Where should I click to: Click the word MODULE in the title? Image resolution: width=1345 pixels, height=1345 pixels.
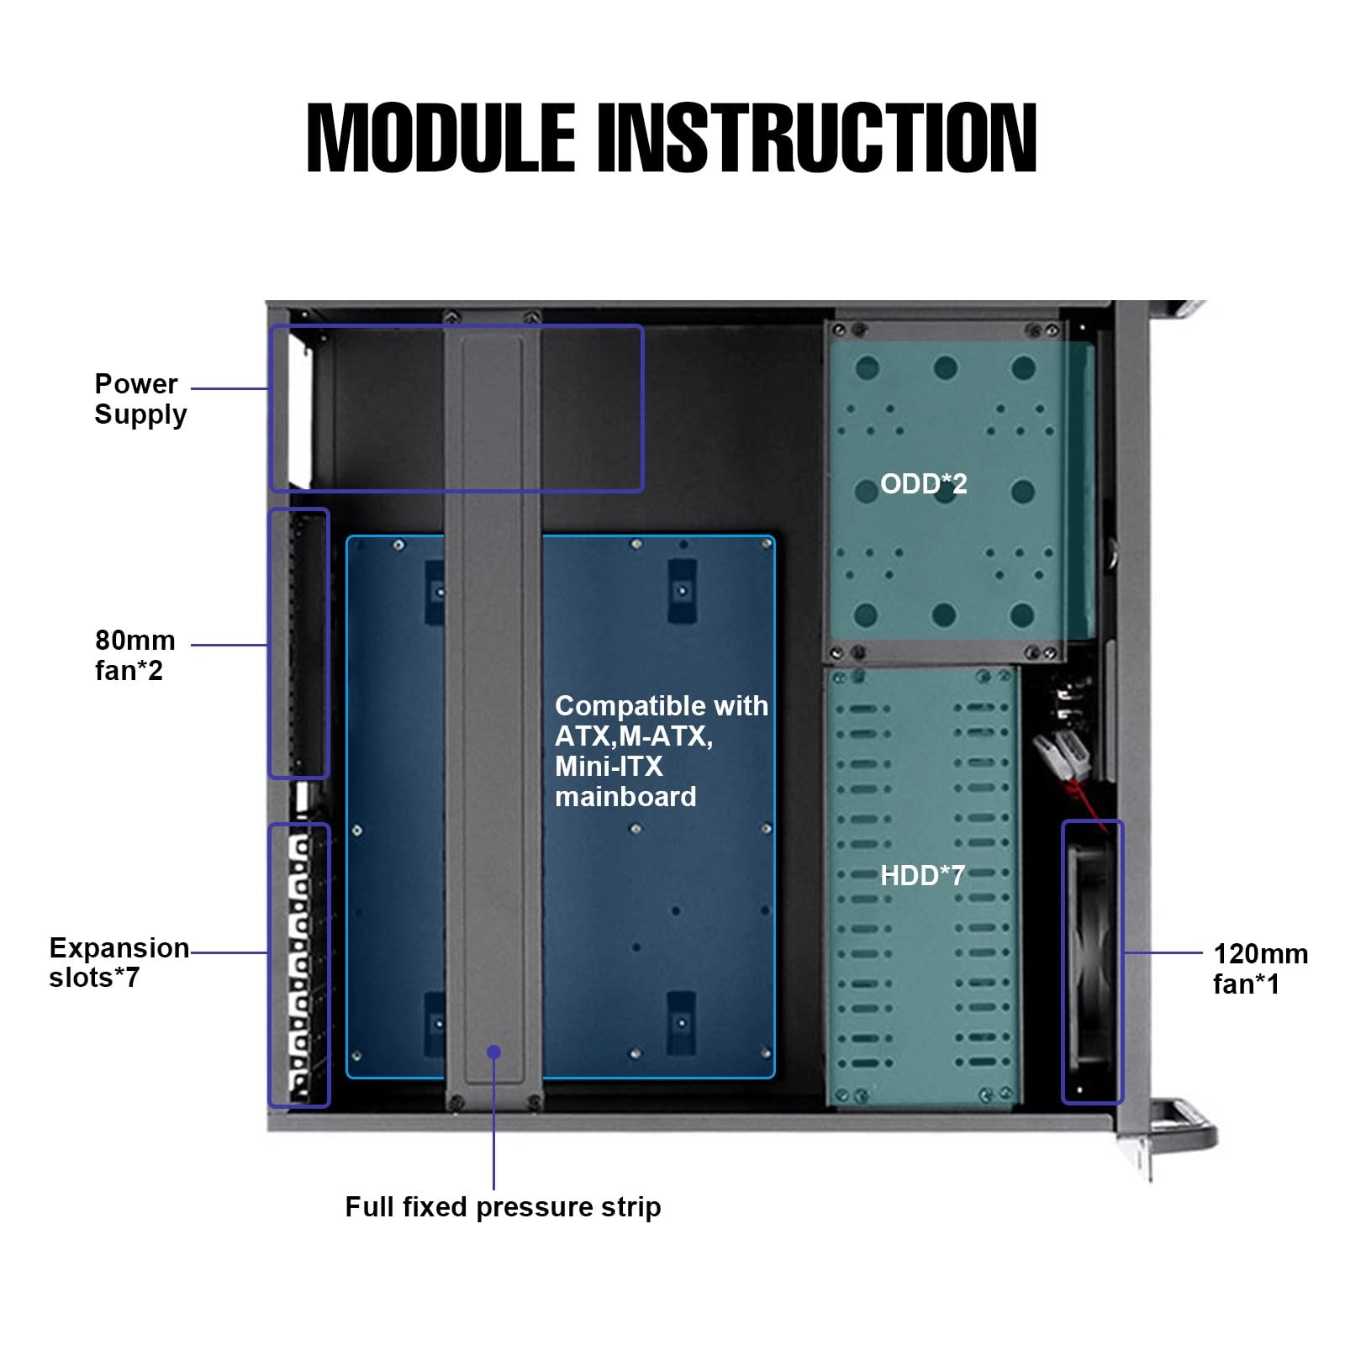point(440,139)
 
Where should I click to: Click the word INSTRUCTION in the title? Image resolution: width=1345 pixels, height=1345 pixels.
point(816,139)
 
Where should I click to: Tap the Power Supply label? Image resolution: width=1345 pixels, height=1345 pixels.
point(139,398)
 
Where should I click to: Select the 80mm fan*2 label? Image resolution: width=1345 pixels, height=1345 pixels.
point(134,655)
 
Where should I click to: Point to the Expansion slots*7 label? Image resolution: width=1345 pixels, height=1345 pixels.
point(118,962)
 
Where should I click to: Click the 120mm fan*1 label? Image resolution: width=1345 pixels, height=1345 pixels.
point(1259,968)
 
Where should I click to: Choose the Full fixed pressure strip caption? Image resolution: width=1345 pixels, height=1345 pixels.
point(502,1206)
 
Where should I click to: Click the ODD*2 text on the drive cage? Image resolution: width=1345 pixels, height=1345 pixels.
point(923,483)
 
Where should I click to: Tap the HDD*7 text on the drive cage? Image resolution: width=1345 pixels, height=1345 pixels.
point(921,875)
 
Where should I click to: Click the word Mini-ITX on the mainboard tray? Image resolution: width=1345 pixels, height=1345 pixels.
point(608,766)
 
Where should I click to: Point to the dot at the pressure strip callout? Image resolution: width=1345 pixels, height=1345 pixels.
point(493,1052)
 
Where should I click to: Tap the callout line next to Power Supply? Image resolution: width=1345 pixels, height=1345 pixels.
point(229,388)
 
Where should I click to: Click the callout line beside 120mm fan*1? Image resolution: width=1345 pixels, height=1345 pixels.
point(1163,952)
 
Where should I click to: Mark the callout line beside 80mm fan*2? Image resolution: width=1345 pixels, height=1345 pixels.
point(229,645)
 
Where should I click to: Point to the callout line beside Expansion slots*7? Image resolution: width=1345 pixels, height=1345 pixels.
point(229,952)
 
